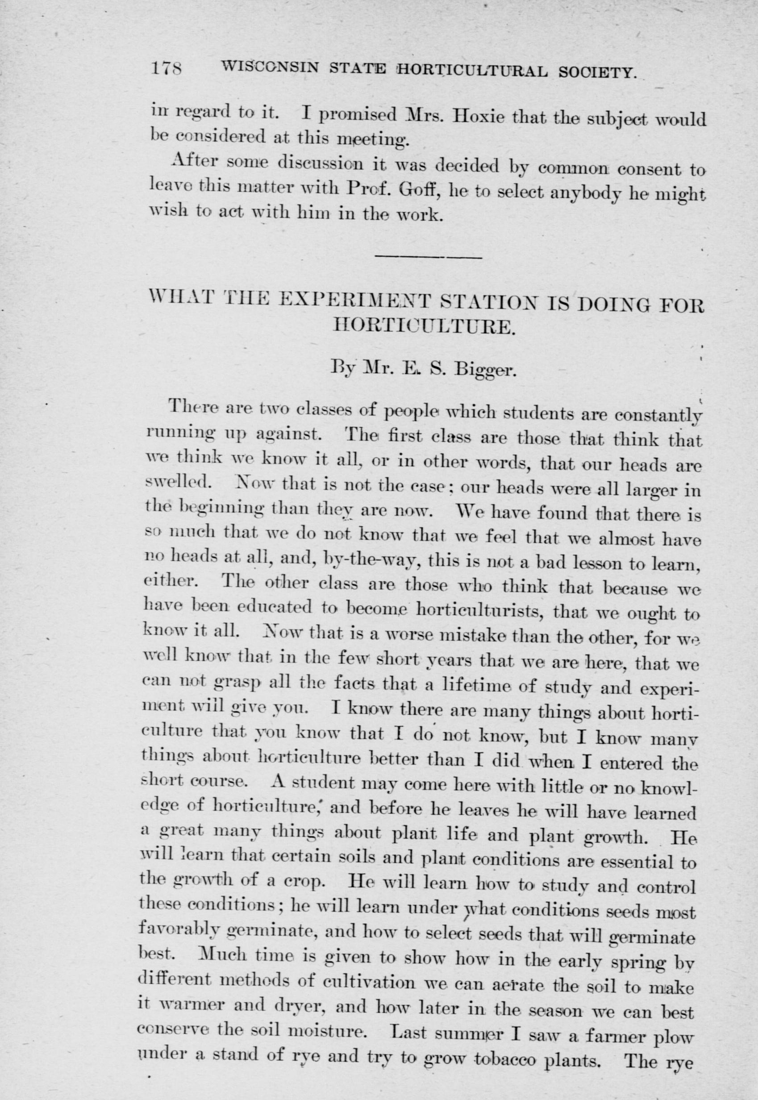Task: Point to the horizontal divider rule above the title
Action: tap(429, 257)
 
